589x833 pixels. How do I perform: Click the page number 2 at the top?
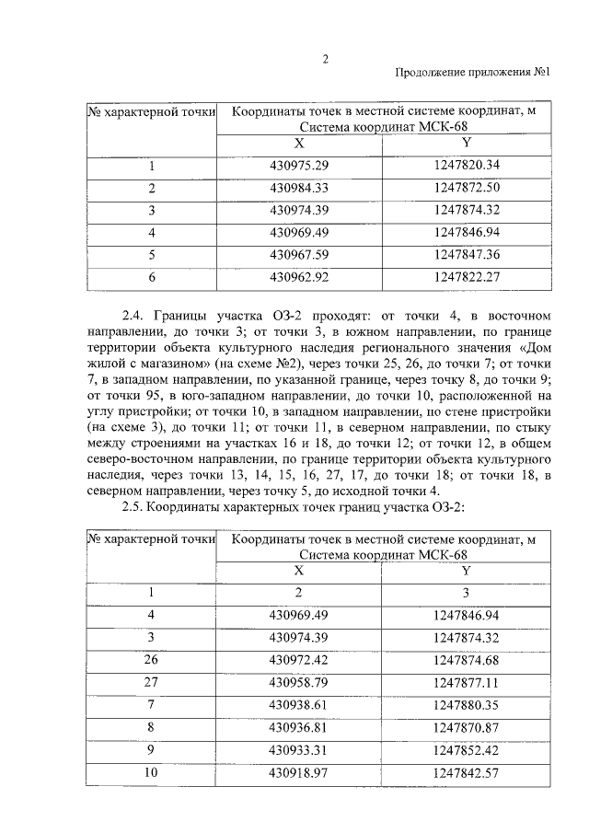pyautogui.click(x=325, y=60)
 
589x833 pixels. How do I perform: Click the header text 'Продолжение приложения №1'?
pyautogui.click(x=472, y=75)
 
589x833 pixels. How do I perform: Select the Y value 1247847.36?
pyautogui.click(x=466, y=254)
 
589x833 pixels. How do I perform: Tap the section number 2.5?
pyautogui.click(x=135, y=508)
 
